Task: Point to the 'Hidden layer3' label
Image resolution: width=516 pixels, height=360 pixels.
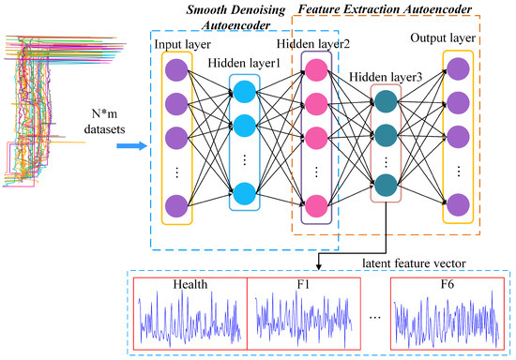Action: pyautogui.click(x=381, y=77)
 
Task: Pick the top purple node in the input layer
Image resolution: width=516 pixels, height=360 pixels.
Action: pyautogui.click(x=175, y=71)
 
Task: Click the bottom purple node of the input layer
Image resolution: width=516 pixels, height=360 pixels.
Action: pyautogui.click(x=175, y=204)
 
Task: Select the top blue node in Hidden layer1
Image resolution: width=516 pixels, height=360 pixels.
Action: pyautogui.click(x=246, y=92)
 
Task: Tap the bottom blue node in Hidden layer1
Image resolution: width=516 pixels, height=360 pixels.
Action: pyautogui.click(x=246, y=192)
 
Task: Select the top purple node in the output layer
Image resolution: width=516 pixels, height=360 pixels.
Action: pyautogui.click(x=457, y=70)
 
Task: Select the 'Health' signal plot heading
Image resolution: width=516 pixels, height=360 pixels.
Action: pyautogui.click(x=190, y=283)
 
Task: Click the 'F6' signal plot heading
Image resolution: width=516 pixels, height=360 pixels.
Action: pyautogui.click(x=448, y=283)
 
